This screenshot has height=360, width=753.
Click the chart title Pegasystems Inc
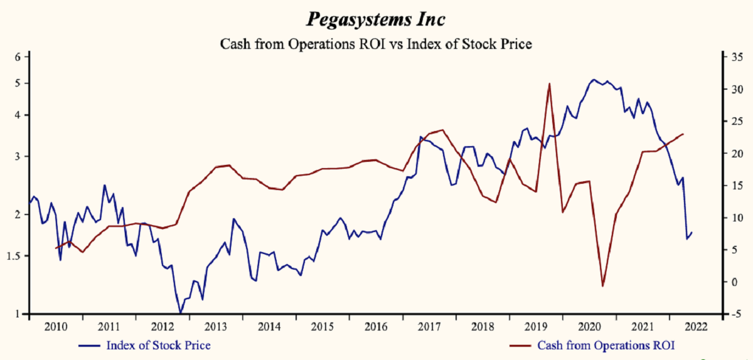[376, 19]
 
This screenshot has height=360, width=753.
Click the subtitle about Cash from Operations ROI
[376, 44]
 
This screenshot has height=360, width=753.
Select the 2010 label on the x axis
[56, 326]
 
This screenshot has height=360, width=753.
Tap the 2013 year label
[215, 326]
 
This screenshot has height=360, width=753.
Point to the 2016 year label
[375, 326]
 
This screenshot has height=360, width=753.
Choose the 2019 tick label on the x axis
[535, 326]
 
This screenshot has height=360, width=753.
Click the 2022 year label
[695, 326]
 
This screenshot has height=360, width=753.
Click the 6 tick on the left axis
[18, 57]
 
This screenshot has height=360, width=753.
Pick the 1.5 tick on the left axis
[15, 256]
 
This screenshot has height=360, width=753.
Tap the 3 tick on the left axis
[18, 156]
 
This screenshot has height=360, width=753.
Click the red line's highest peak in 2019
[549, 83]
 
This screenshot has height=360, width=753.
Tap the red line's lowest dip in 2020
[603, 286]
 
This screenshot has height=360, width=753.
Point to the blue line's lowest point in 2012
[181, 312]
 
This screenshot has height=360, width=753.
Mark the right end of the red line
[683, 134]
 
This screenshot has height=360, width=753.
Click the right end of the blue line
[692, 233]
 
